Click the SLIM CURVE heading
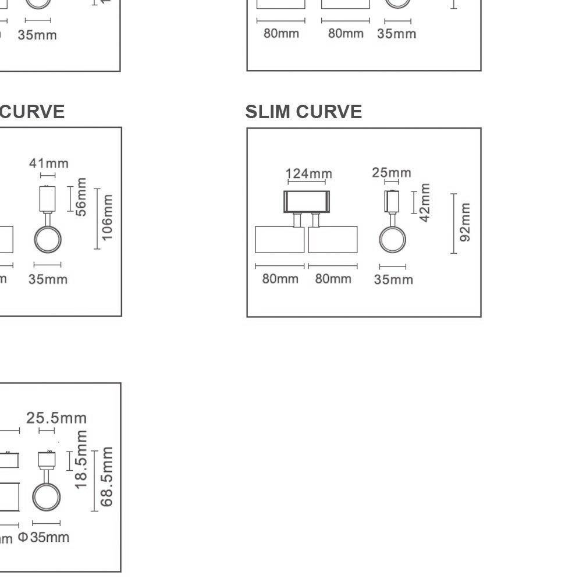(x=303, y=112)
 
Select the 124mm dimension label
(x=308, y=174)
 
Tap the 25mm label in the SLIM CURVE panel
(x=391, y=173)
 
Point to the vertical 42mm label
(x=425, y=203)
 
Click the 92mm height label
(x=464, y=223)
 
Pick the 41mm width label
(x=49, y=164)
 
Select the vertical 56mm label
(x=81, y=197)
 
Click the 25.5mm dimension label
(x=56, y=418)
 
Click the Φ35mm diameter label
(x=44, y=537)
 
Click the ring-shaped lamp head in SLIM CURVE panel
(x=393, y=239)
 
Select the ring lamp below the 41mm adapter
(x=48, y=239)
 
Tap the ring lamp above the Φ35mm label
(x=47, y=496)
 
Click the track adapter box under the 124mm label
(x=307, y=202)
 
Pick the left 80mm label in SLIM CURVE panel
(x=280, y=279)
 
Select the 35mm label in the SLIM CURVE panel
(x=393, y=280)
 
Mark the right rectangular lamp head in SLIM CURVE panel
(x=332, y=240)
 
